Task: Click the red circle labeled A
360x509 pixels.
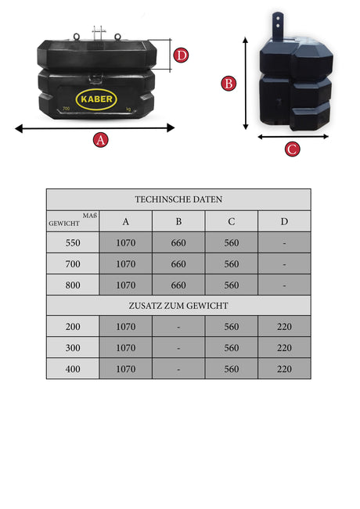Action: click(100, 140)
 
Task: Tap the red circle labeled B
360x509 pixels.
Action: click(229, 84)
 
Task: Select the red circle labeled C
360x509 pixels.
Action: click(292, 149)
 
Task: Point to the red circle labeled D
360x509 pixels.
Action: click(181, 56)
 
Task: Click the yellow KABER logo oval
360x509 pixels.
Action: click(96, 99)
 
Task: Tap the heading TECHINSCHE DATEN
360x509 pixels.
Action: click(178, 199)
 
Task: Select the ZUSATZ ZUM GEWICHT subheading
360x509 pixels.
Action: click(178, 306)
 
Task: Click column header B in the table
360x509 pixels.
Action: click(178, 221)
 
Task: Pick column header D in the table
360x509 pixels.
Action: click(284, 221)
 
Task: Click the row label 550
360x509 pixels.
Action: click(73, 243)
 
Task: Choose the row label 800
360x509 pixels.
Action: click(73, 285)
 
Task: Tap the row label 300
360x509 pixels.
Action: click(73, 348)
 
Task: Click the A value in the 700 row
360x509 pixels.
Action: click(126, 264)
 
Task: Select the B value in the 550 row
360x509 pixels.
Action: click(178, 243)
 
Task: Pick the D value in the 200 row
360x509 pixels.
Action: click(284, 327)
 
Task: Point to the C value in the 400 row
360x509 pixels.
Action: click(232, 369)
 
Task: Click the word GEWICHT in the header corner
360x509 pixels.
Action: click(64, 224)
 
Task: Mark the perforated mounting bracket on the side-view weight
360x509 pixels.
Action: click(278, 27)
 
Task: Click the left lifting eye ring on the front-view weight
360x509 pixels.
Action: click(77, 36)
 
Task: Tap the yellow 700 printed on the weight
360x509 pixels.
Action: click(66, 109)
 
